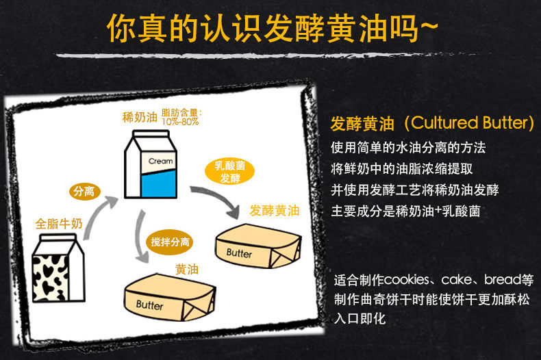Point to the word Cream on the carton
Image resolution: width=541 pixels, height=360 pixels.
[x=161, y=162]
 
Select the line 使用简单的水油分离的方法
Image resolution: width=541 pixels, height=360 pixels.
[x=408, y=147]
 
